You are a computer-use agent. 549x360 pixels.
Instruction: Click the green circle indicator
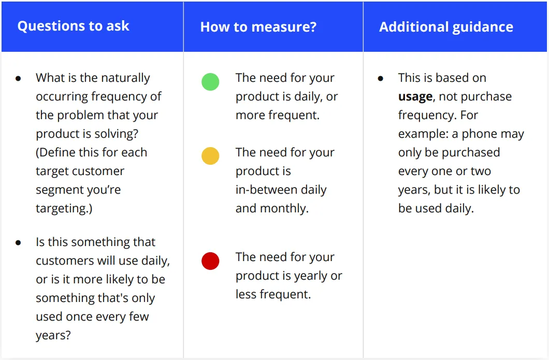(210, 82)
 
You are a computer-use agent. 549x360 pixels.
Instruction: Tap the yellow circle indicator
(210, 156)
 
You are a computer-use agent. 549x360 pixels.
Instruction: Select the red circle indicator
(210, 261)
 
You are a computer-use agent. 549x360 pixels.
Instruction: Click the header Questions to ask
(73, 26)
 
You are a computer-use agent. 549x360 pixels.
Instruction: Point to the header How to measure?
(258, 26)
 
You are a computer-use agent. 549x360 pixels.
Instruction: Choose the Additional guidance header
(446, 27)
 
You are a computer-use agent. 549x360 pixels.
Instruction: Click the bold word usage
(415, 97)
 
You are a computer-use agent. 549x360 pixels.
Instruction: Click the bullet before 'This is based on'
(381, 78)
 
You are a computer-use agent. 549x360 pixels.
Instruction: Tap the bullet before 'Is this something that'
(18, 243)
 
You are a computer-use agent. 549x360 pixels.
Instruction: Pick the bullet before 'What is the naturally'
(18, 78)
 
